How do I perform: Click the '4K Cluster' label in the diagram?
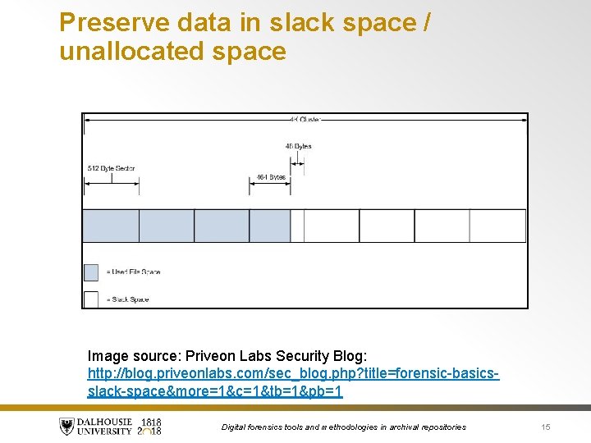click(304, 120)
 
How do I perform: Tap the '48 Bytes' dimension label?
click(298, 146)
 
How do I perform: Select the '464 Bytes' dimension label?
click(271, 177)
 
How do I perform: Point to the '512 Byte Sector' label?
click(111, 168)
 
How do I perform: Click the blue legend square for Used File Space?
click(91, 272)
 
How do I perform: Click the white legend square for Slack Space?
click(91, 299)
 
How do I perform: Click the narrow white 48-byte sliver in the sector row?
click(297, 226)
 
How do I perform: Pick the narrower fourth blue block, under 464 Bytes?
click(269, 226)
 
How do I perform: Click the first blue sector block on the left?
click(111, 226)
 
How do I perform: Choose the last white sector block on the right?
click(497, 226)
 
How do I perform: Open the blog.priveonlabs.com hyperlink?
click(293, 374)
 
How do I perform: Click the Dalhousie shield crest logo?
click(66, 427)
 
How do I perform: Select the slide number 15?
click(546, 427)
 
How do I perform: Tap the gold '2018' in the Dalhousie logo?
click(151, 432)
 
